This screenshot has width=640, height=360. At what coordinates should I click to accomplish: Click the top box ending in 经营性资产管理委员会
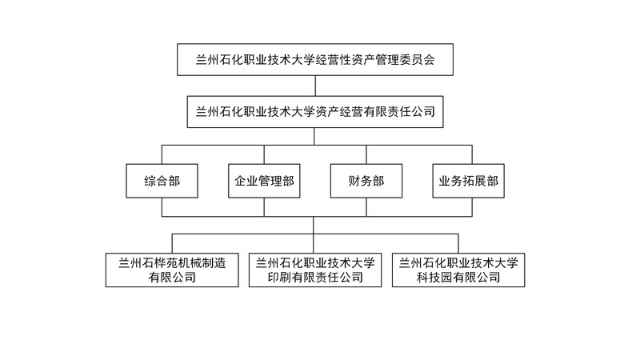315,59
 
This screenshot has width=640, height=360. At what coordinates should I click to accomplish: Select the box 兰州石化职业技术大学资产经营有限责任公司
315,112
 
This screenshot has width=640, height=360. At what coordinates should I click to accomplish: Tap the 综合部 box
162,181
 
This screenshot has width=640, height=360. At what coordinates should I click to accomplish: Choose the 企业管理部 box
264,181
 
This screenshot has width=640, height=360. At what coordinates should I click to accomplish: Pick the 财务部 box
366,181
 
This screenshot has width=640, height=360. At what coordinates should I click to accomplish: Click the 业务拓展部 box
469,181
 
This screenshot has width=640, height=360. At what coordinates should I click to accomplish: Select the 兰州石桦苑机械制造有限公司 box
172,270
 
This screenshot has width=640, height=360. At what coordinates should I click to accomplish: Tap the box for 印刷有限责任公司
315,270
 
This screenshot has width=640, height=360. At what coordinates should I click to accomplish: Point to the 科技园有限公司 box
458,270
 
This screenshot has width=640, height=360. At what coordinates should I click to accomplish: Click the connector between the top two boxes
315,86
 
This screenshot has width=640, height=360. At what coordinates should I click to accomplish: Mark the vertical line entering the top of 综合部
162,154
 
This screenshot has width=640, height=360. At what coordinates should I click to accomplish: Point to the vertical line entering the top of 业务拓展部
472,154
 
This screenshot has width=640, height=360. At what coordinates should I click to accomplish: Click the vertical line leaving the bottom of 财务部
366,207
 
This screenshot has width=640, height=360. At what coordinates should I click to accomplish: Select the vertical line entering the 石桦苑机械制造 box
172,243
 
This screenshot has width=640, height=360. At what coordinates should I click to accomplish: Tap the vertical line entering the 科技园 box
458,243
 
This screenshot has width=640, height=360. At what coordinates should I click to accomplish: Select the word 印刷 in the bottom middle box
279,277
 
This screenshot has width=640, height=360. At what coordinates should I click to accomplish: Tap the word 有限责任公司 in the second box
399,112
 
